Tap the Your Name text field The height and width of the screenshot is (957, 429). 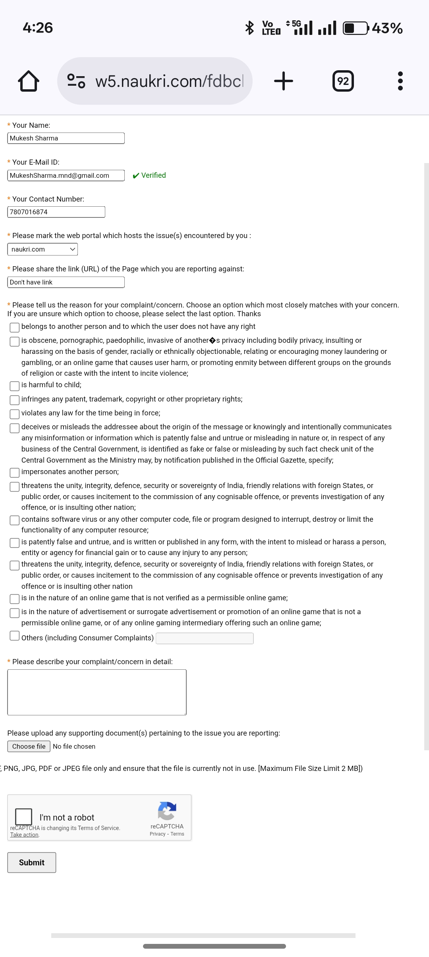click(66, 138)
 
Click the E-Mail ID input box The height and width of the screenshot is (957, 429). click(66, 175)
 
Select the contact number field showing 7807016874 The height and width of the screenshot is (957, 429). click(56, 212)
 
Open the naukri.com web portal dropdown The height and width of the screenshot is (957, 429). click(43, 249)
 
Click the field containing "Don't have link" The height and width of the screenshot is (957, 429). click(66, 282)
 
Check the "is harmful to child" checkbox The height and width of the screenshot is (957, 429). click(15, 386)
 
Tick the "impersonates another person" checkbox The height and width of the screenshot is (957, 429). click(15, 473)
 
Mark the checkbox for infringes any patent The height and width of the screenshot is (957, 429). click(15, 400)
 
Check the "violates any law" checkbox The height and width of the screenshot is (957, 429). click(15, 414)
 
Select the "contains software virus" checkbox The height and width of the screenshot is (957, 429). click(15, 520)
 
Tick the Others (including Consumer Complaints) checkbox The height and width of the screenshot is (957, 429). click(15, 636)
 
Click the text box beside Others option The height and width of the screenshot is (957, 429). click(205, 638)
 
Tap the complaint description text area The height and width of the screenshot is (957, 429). click(97, 692)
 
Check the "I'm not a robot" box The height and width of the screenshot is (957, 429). click(23, 817)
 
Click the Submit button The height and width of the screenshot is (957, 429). click(32, 863)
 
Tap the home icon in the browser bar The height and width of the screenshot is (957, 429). click(29, 81)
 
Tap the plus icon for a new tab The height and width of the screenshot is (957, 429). click(284, 81)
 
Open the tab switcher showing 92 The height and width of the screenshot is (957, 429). click(343, 81)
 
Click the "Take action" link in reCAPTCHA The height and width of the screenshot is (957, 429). click(24, 835)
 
